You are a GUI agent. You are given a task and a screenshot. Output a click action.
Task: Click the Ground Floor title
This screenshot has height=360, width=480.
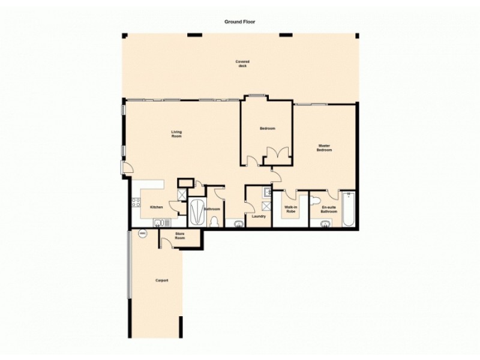point(240,21)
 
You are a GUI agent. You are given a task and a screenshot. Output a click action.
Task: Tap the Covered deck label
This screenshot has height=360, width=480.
point(242,64)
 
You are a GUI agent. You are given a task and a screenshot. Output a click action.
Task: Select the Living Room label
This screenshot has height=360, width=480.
point(176,134)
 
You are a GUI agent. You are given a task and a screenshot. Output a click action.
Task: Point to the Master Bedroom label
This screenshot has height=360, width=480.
point(325,148)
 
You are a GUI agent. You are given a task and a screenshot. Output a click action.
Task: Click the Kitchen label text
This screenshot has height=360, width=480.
point(157,207)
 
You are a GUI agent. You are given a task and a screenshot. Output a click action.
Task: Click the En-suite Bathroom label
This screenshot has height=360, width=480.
point(329,210)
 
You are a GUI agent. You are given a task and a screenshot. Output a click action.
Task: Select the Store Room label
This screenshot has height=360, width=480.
point(179,236)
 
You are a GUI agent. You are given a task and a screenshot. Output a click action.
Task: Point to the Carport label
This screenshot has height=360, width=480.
point(161,280)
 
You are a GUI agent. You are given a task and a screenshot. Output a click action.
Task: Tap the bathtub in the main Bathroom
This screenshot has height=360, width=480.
point(196,211)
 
